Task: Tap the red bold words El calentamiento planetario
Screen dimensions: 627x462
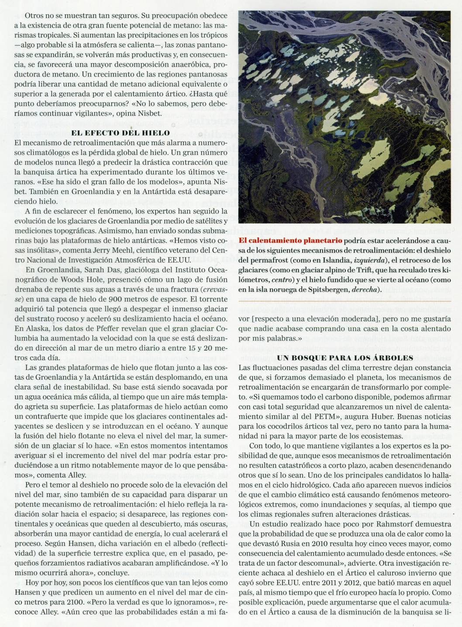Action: (x=290, y=240)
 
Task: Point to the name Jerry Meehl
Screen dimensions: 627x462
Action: (x=120, y=250)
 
